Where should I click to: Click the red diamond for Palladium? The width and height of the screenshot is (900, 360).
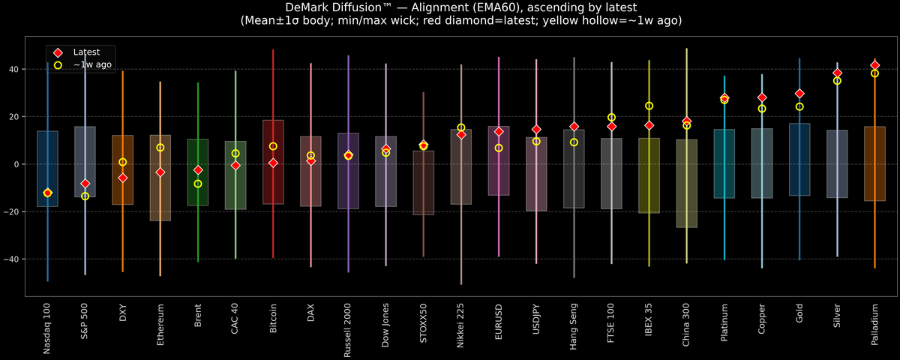coord(874,65)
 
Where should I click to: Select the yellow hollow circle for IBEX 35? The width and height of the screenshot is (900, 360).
coord(649,106)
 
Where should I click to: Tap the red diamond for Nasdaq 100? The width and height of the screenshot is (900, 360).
coord(48,193)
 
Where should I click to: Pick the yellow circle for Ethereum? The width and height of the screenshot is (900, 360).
coord(160,148)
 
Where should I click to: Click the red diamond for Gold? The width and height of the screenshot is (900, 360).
coord(799,94)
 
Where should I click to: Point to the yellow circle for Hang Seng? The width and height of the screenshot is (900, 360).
coord(574,142)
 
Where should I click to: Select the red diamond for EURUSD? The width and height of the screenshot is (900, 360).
coord(499,131)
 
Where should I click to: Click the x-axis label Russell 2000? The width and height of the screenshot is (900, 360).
coord(348,327)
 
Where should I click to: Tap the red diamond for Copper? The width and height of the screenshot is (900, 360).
coord(762,97)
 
